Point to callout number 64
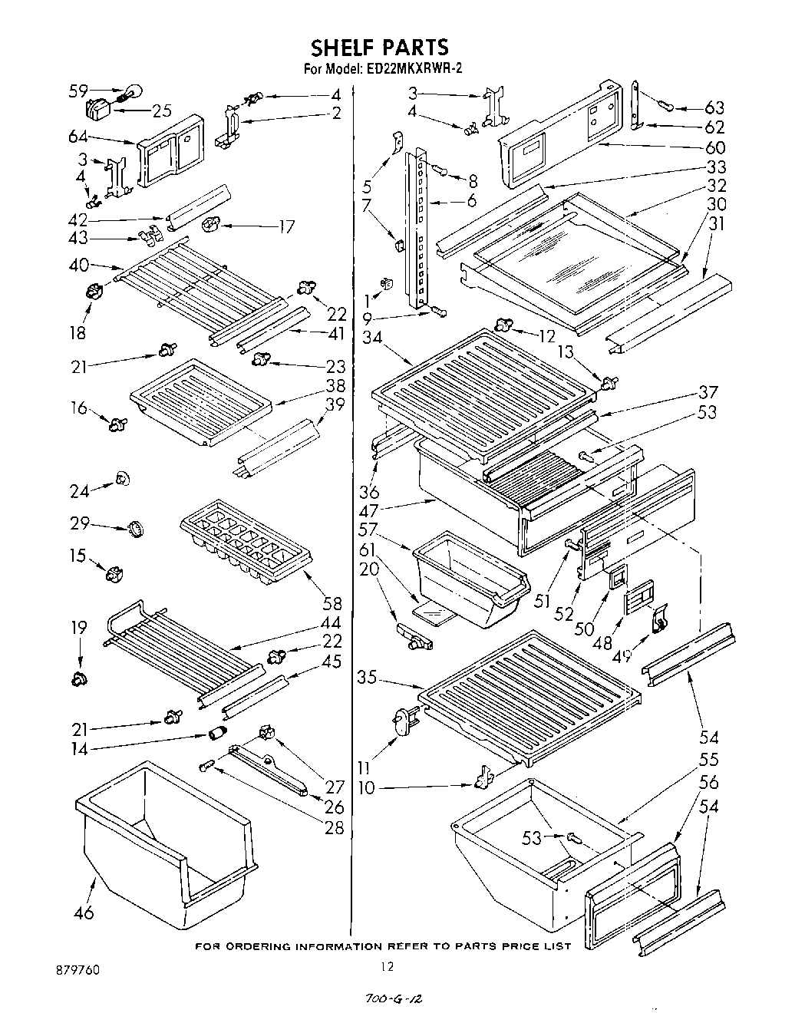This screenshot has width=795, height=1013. [x=78, y=138]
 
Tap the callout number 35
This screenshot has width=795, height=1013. [x=369, y=678]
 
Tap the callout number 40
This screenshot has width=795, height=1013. [x=78, y=266]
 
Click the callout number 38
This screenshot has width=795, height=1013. [x=335, y=385]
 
